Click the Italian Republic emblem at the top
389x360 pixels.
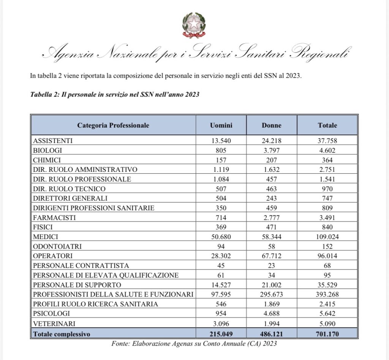tap(194, 25)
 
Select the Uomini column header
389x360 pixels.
tap(221, 125)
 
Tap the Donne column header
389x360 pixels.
tap(272, 125)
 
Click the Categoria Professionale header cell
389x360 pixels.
tap(113, 125)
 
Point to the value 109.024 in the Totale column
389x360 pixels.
tap(327, 236)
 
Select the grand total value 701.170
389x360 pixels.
tap(327, 333)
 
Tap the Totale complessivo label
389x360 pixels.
tap(62, 333)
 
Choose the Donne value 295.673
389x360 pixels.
tap(272, 294)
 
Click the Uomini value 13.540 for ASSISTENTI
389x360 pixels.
tap(221, 141)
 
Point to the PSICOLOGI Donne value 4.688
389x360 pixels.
tap(272, 314)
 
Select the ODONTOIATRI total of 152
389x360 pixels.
tap(327, 246)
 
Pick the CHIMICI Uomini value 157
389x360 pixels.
tap(221, 160)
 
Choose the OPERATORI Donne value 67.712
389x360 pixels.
tap(272, 256)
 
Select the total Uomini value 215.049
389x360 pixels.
tap(221, 333)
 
